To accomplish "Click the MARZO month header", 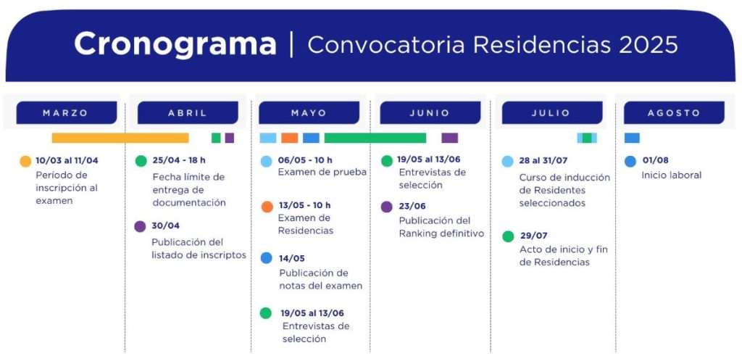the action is tap(66, 112).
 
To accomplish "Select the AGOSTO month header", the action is tap(674, 112).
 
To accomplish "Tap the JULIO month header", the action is tap(552, 112).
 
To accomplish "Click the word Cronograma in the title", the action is tap(175, 44).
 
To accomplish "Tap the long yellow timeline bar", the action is tap(120, 138).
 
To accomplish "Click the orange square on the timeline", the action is tap(290, 138).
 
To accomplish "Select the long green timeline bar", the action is tap(375, 138).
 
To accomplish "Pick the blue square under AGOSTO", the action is tap(632, 138).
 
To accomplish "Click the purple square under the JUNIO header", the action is tap(449, 138).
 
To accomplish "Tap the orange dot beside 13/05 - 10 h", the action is tap(267, 207).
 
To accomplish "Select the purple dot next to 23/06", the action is tap(387, 207).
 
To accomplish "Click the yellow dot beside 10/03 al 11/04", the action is tap(25, 162).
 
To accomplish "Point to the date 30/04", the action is tap(166, 226).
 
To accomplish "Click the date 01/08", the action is tap(655, 160).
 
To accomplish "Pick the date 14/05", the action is tap(292, 258).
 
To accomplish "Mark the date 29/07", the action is tap(534, 236).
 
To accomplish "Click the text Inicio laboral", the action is tap(672, 175).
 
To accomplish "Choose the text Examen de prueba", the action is tap(322, 173).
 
